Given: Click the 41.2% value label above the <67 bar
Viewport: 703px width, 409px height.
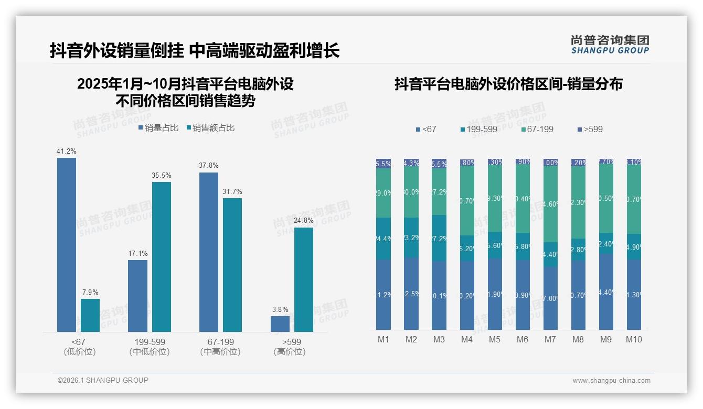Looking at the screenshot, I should coord(67,152).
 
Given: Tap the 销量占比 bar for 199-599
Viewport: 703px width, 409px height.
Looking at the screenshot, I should coord(138,296).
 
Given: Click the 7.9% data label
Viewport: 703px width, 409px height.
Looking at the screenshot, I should coord(90,293).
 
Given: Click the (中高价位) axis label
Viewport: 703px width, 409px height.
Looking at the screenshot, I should coord(220,352).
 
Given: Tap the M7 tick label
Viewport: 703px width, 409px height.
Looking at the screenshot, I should coord(550,340).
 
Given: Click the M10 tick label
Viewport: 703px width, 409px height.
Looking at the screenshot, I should coord(634,340).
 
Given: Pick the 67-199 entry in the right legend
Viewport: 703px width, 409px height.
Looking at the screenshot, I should coord(538,130).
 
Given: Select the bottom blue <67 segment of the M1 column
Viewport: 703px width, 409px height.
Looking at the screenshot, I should coord(384,294).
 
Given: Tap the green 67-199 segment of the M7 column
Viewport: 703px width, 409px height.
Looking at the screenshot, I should coord(550,204).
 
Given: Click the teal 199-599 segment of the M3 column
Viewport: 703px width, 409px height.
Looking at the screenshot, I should coord(439,238).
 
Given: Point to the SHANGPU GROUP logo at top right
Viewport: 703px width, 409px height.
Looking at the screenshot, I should coord(610,45).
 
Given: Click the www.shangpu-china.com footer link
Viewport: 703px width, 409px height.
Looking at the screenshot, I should coord(611,381).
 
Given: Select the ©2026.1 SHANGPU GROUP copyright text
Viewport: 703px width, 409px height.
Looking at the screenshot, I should coord(103,380).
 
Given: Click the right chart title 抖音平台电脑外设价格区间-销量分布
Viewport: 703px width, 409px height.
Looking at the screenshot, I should coord(508,84).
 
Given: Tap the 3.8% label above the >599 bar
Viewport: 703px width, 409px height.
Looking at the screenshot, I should coord(280,310).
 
